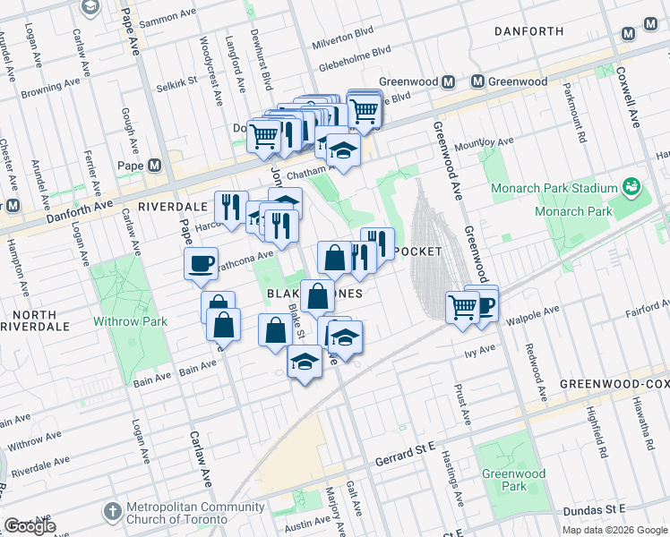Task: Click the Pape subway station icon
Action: click(155, 166)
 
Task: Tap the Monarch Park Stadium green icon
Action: click(632, 187)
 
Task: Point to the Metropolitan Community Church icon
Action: click(111, 511)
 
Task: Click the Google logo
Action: click(30, 525)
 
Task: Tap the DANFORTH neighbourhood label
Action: click(528, 31)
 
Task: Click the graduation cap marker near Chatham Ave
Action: click(341, 150)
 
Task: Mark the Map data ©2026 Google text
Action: click(614, 529)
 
